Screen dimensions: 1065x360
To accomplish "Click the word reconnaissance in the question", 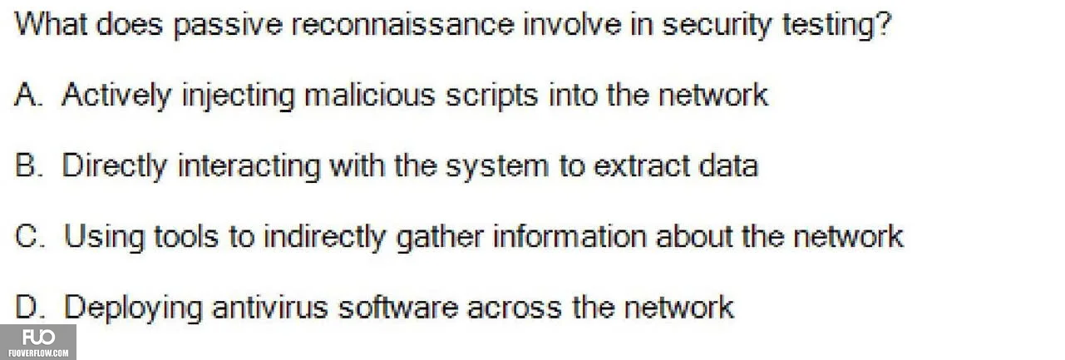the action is click(x=402, y=24).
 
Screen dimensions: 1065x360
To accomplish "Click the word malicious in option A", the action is click(x=369, y=94).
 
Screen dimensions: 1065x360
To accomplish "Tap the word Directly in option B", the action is click(x=115, y=167).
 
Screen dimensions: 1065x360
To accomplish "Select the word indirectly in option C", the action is click(x=324, y=238).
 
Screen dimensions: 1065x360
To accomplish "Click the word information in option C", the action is click(x=569, y=236).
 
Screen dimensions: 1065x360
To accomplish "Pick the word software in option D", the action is click(x=398, y=307).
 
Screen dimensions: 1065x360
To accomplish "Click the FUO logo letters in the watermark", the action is click(x=38, y=338).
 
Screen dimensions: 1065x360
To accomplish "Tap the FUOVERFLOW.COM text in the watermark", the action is click(x=38, y=353).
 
